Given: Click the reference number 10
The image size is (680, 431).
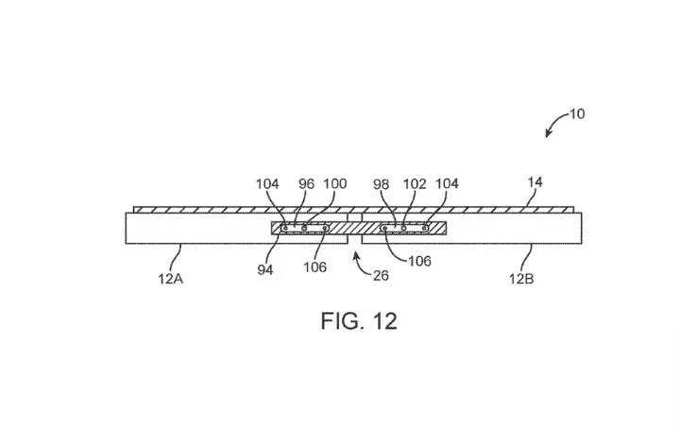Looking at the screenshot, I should coord(577,114).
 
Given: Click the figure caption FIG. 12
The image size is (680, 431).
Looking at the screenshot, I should coord(359,320).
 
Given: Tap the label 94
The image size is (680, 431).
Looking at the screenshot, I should coord(264,269).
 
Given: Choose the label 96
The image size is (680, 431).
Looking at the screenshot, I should coord(307,184).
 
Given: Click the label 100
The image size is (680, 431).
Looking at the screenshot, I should coord(334,184).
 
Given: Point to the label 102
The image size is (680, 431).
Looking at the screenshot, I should coord(414,184).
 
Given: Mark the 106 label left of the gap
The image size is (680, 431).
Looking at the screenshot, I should coord(314,267).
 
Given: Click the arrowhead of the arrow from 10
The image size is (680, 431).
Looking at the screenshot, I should coord(548,136).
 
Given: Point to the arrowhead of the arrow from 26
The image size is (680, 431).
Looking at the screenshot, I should coord(357,253).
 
